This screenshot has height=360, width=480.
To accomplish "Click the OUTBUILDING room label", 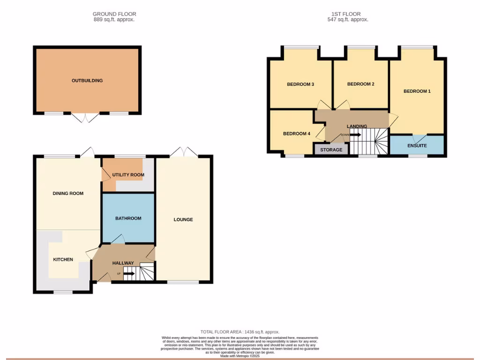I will point(87,81).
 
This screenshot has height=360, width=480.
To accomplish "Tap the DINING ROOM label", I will point(68,193).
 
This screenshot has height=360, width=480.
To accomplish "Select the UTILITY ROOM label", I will point(128,175).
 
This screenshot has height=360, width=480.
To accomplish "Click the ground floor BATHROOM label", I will point(128,218).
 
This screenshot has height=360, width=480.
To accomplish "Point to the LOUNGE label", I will point(183,219).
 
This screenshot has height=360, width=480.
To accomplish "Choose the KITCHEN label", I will point(63,259).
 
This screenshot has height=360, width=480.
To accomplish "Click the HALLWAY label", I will point(123,263).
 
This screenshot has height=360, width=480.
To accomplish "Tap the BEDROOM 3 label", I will point(300,84).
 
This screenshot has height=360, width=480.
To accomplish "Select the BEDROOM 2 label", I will point(360,84).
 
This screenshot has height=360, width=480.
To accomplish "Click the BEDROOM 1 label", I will point(417,91).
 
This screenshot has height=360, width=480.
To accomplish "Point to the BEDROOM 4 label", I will point(297,134).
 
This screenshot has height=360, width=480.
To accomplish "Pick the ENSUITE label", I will point(417,146).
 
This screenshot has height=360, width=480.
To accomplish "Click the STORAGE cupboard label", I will point(331,150).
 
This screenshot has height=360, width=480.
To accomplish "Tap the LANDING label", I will point(357,127).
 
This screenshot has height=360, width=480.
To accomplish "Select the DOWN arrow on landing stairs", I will point(355,135).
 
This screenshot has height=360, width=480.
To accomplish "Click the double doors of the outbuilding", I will point(87,117).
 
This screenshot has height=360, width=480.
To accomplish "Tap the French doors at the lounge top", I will point(184,151).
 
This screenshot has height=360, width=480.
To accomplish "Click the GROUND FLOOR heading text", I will point(114,14).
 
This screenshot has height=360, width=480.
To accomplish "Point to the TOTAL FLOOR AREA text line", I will point(240,332).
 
